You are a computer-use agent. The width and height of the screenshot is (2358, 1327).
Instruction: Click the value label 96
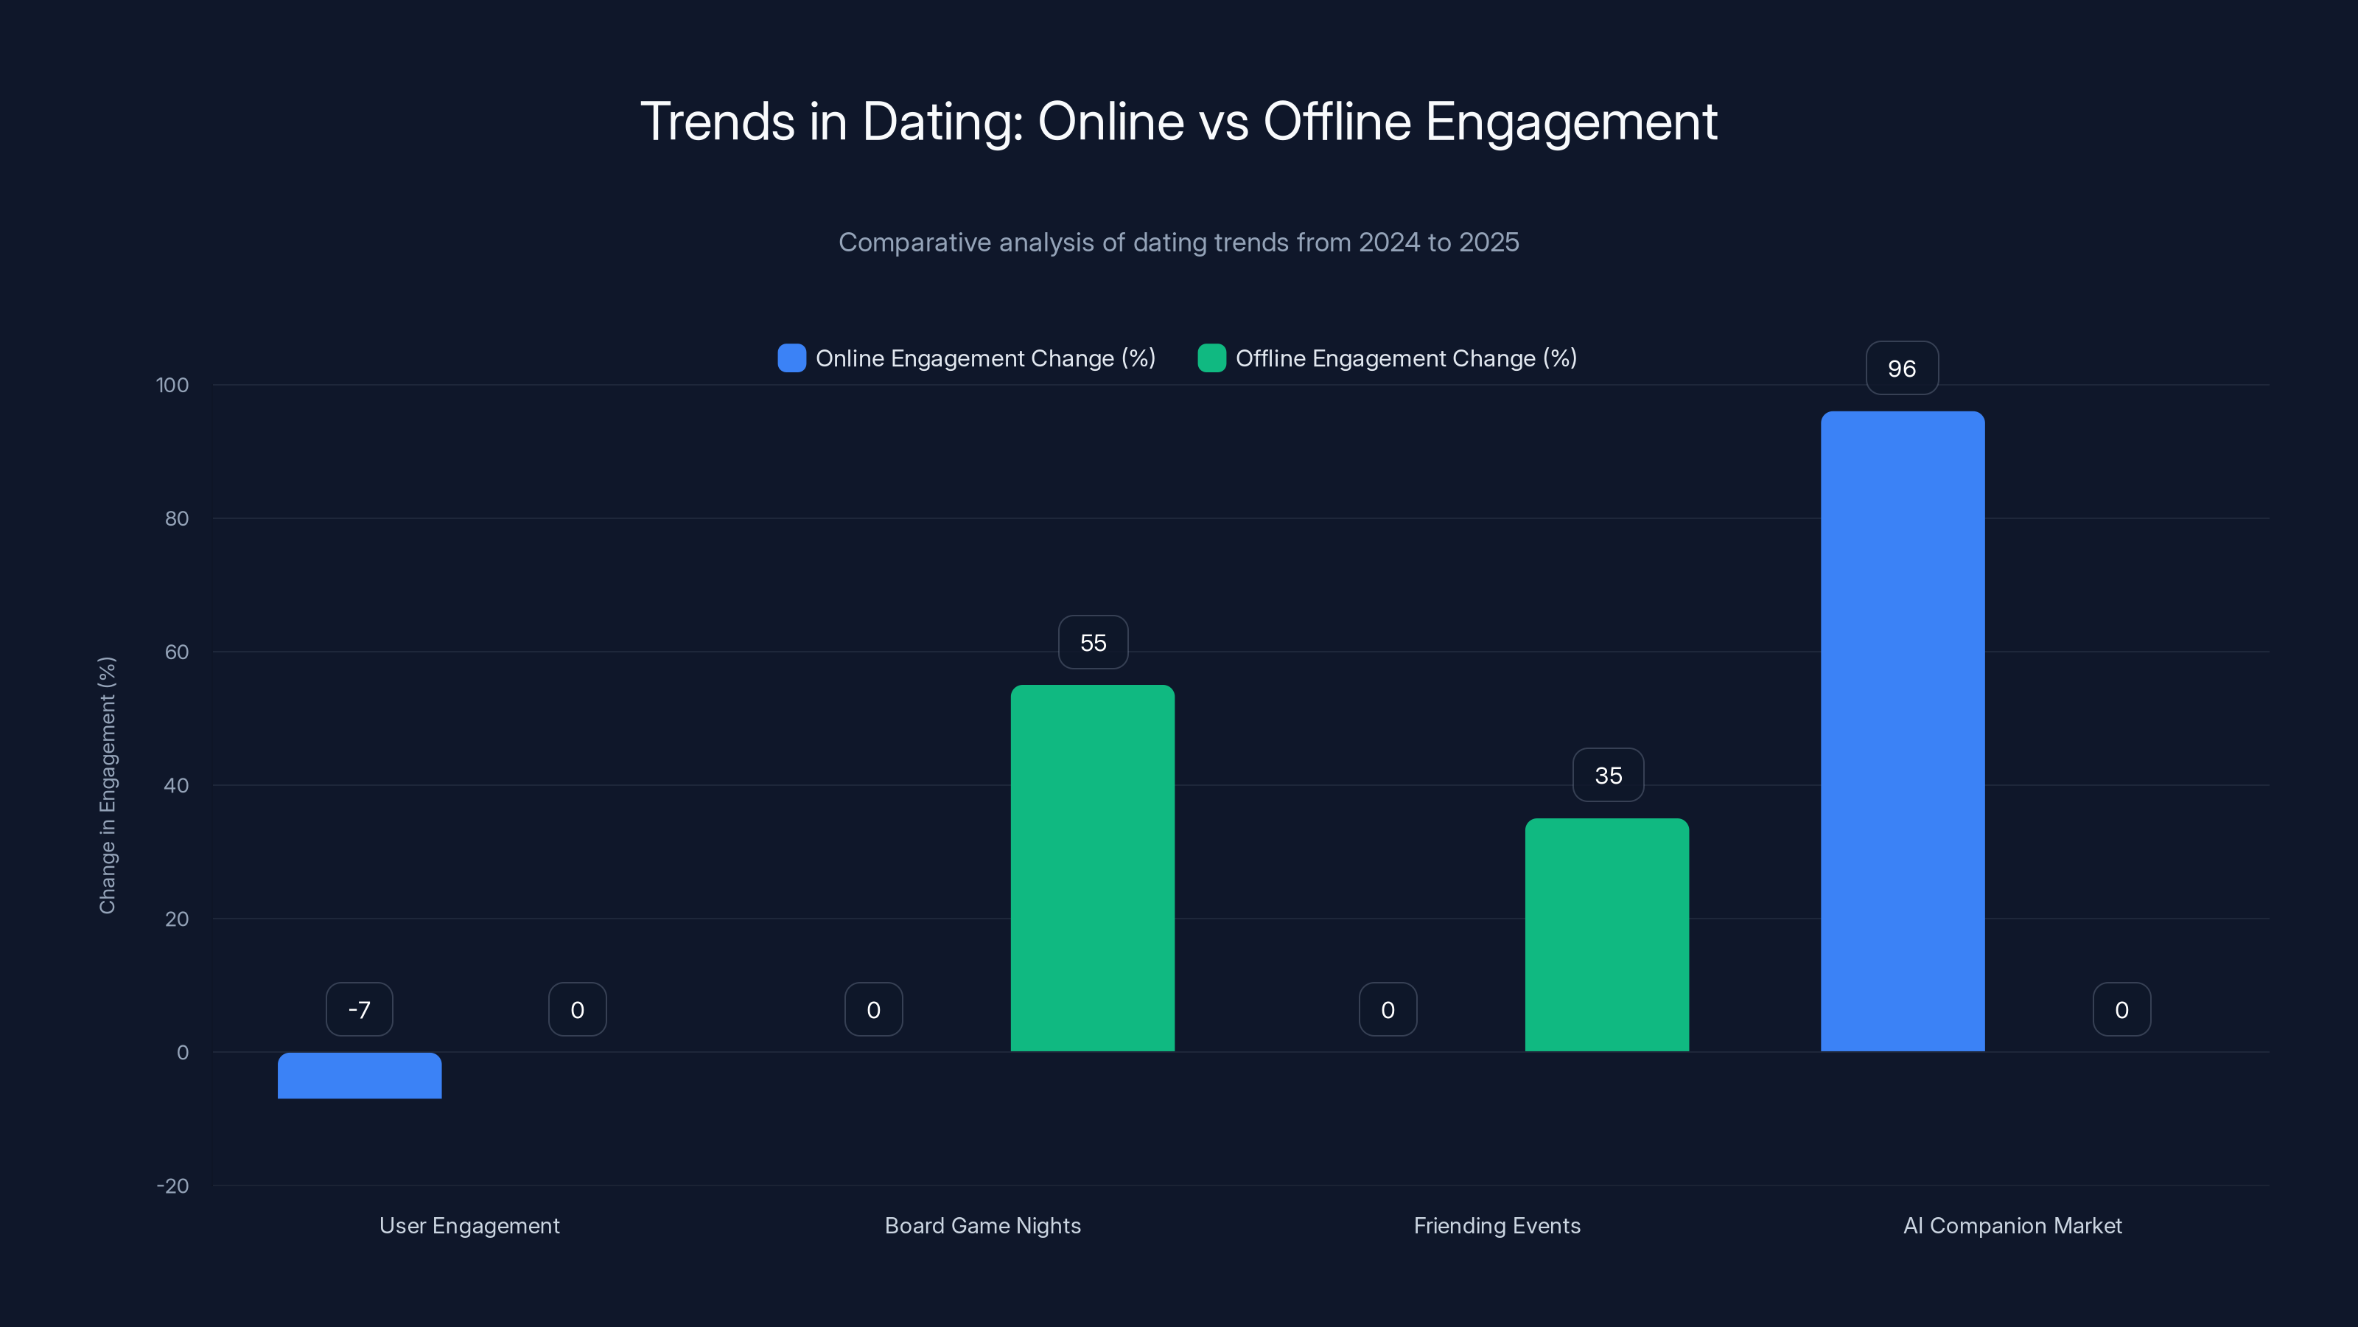click(x=1901, y=368)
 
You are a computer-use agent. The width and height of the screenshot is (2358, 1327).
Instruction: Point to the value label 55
click(x=1093, y=642)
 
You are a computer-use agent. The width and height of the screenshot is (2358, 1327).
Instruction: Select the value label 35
click(x=1607, y=775)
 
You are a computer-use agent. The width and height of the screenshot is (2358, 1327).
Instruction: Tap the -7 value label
click(x=359, y=1009)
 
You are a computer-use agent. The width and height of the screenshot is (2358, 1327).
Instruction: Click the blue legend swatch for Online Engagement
click(x=791, y=358)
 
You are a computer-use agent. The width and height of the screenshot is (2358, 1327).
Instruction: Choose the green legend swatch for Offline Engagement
click(x=1211, y=358)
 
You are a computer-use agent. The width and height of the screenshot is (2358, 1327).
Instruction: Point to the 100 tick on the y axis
click(x=172, y=385)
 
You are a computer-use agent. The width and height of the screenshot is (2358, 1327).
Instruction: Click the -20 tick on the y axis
click(x=172, y=1186)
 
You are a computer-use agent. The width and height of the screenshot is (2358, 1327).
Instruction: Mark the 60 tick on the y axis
click(x=176, y=652)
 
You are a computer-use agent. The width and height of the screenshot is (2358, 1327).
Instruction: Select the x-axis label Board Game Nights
click(x=982, y=1225)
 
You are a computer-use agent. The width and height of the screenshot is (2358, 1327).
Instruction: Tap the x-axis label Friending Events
click(x=1497, y=1225)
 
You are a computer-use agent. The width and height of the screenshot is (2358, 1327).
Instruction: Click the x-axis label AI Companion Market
click(x=2012, y=1225)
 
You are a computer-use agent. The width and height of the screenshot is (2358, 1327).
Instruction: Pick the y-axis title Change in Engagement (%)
click(x=107, y=785)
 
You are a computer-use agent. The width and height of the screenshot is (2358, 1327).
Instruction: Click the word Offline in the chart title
click(x=1337, y=121)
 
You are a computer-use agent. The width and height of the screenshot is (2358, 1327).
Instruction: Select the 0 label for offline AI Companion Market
click(x=2121, y=1009)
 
